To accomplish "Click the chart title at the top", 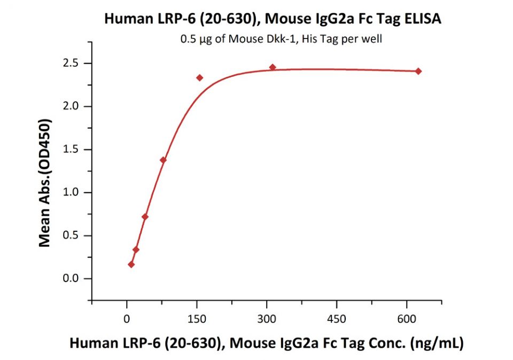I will pyautogui.click(x=273, y=19).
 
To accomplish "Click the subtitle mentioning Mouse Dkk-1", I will pyautogui.click(x=281, y=39).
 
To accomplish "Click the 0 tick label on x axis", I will pyautogui.click(x=127, y=319).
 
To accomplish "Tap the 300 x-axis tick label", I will pyautogui.click(x=267, y=319).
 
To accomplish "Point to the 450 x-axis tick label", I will pyautogui.click(x=337, y=319).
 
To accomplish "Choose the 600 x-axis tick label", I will pyautogui.click(x=407, y=319).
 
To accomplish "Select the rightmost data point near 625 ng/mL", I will pyautogui.click(x=418, y=71).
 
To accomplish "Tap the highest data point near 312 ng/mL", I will pyautogui.click(x=273, y=67).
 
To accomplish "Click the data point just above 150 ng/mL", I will pyautogui.click(x=200, y=77).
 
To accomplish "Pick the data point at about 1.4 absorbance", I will pyautogui.click(x=163, y=160).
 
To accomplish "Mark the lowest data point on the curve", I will pyautogui.click(x=131, y=264).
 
